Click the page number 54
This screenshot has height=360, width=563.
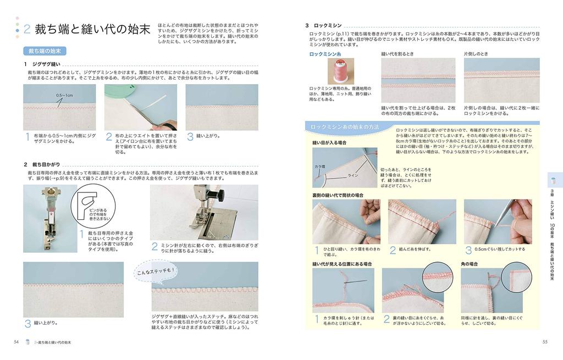[16, 342]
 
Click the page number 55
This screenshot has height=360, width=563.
[544, 342]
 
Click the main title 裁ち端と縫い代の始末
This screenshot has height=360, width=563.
[92, 30]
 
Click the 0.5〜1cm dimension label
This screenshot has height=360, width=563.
[64, 95]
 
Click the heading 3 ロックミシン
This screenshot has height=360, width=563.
[324, 26]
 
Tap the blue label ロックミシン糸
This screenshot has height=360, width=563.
[325, 54]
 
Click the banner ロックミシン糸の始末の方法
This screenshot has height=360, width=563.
[345, 128]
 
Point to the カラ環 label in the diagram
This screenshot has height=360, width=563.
[319, 167]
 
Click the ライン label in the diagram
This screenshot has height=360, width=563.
[352, 175]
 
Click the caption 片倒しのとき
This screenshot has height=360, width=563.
[476, 54]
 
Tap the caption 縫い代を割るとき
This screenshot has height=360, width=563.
[398, 54]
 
